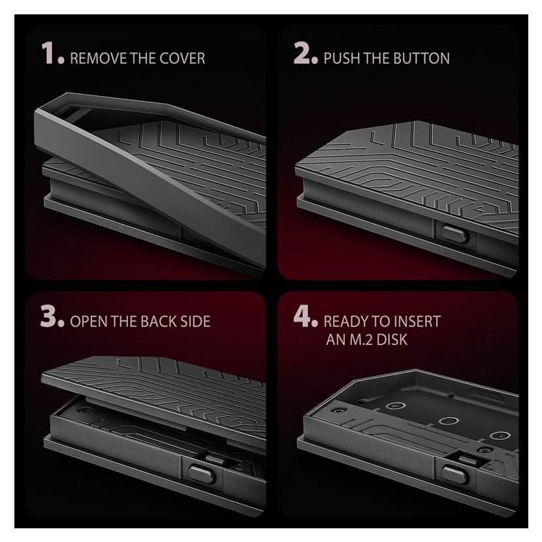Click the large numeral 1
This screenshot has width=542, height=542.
[48, 53]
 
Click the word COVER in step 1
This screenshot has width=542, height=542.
[182, 58]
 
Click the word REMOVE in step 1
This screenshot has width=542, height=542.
[98, 58]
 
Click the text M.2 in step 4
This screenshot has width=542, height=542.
[361, 340]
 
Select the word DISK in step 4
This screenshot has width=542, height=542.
[392, 340]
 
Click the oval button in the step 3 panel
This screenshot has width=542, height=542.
[202, 474]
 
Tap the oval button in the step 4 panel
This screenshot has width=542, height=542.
[454, 475]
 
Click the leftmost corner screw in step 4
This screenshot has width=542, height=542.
[334, 410]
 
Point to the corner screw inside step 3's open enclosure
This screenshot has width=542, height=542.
[82, 410]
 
